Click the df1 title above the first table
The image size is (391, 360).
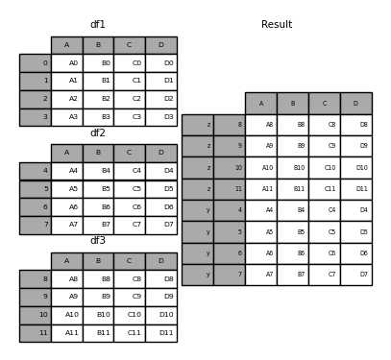pyautogui.click(x=98, y=24)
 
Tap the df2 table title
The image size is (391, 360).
pyautogui.click(x=98, y=132)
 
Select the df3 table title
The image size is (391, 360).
pyautogui.click(x=98, y=241)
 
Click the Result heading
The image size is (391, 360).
pyautogui.click(x=277, y=24)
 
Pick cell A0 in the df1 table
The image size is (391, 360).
pyautogui.click(x=66, y=63)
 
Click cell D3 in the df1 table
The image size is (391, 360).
pyautogui.click(x=160, y=117)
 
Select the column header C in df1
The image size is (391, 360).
pyautogui.click(x=129, y=45)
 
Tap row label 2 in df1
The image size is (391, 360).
pyautogui.click(x=35, y=99)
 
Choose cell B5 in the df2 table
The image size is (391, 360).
pyautogui.click(x=98, y=189)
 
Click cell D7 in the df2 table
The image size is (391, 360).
pyautogui.click(x=160, y=225)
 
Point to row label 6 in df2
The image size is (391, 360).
pyautogui.click(x=35, y=207)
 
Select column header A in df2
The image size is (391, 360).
pyautogui.click(x=66, y=153)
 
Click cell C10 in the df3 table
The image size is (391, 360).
pyautogui.click(x=129, y=315)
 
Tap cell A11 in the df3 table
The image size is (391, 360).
pyautogui.click(x=66, y=333)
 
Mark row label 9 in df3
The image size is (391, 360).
pyautogui.click(x=35, y=297)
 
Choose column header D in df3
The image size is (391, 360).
pyautogui.click(x=160, y=261)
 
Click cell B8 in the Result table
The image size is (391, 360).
pyautogui.click(x=292, y=125)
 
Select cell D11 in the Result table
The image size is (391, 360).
pyautogui.click(x=355, y=189)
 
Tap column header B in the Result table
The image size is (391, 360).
pyautogui.click(x=292, y=104)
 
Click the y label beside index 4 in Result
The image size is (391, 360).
pyautogui.click(x=197, y=210)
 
